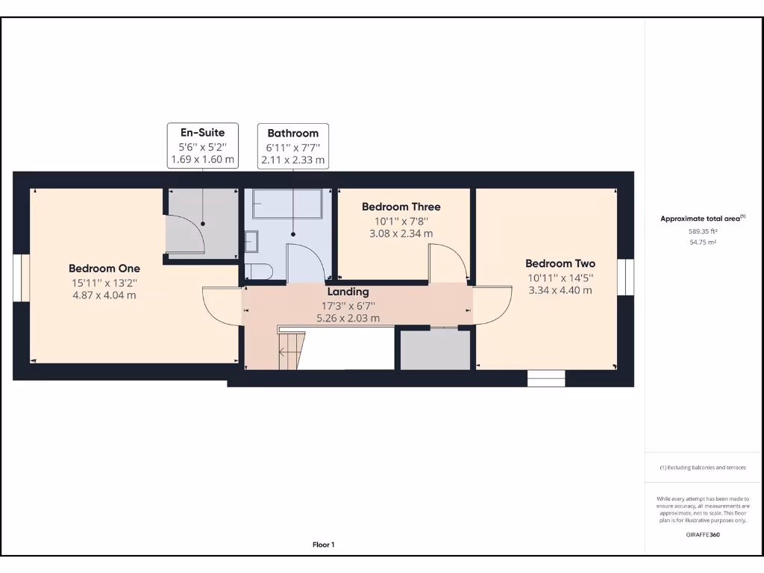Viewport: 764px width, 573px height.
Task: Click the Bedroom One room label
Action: [x=104, y=269]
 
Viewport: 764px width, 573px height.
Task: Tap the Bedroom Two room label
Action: [x=560, y=263]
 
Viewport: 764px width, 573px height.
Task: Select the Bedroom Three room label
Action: [x=401, y=207]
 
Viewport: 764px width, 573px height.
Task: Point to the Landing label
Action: [x=348, y=292]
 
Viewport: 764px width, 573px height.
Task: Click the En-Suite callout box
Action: [x=203, y=145]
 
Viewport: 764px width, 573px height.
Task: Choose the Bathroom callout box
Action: [x=292, y=146]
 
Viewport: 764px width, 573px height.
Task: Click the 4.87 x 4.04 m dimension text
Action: [x=104, y=295]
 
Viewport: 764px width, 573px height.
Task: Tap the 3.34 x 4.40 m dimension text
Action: [x=560, y=290]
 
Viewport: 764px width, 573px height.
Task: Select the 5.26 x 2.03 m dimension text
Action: [x=348, y=318]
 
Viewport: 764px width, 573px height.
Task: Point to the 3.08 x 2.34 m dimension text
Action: [x=401, y=234]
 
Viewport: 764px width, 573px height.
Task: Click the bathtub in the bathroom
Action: [x=287, y=204]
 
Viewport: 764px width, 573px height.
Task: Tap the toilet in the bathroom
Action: [x=257, y=272]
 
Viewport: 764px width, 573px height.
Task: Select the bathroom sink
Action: [x=251, y=242]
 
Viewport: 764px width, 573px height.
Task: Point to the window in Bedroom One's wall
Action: [x=22, y=278]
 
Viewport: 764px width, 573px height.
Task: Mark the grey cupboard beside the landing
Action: [x=435, y=349]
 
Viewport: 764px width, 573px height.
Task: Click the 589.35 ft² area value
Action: [x=703, y=231]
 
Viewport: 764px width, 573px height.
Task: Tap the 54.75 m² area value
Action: [x=703, y=242]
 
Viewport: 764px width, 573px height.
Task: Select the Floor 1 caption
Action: [x=324, y=545]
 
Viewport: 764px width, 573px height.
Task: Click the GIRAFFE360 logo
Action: [x=703, y=534]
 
